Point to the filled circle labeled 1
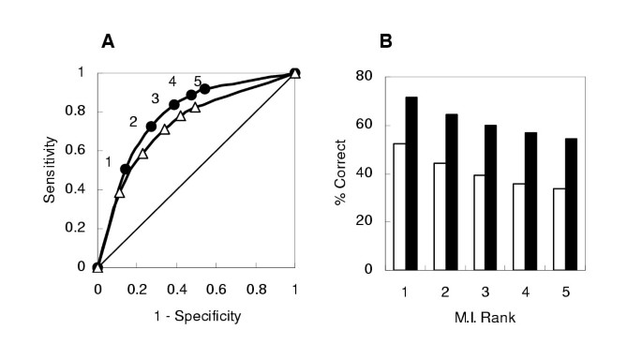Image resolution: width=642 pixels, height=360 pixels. (x=126, y=169)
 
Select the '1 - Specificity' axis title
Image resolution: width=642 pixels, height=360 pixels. (x=196, y=315)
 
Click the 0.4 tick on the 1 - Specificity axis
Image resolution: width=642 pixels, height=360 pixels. (x=176, y=288)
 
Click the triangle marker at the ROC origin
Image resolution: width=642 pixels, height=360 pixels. (x=97, y=267)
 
